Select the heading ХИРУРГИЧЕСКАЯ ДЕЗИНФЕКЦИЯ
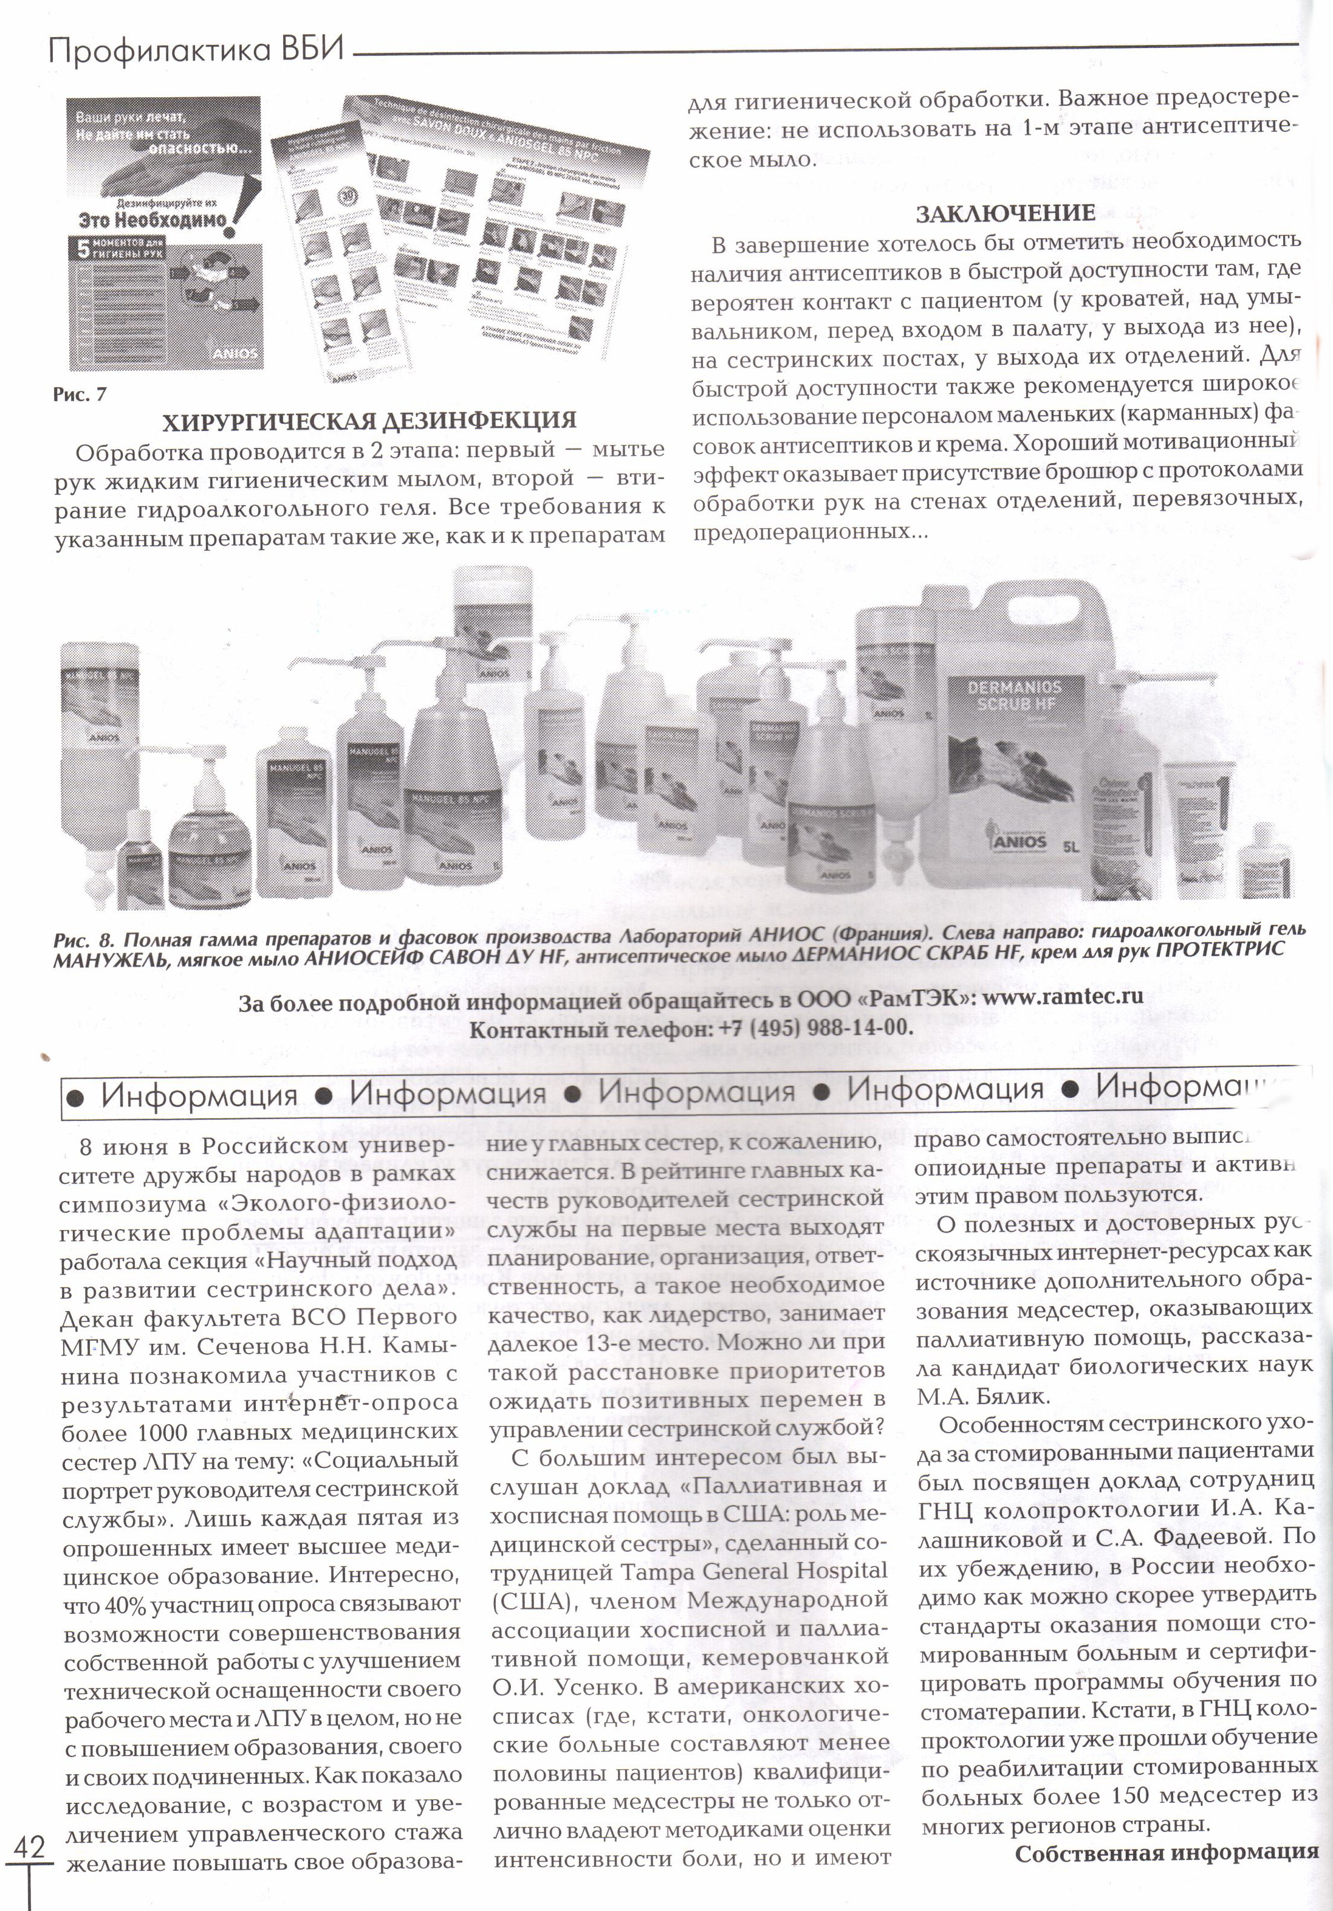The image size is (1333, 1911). [x=369, y=421]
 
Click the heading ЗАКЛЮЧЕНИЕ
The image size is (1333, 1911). [x=1005, y=214]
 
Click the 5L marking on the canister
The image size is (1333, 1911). [x=1069, y=849]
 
